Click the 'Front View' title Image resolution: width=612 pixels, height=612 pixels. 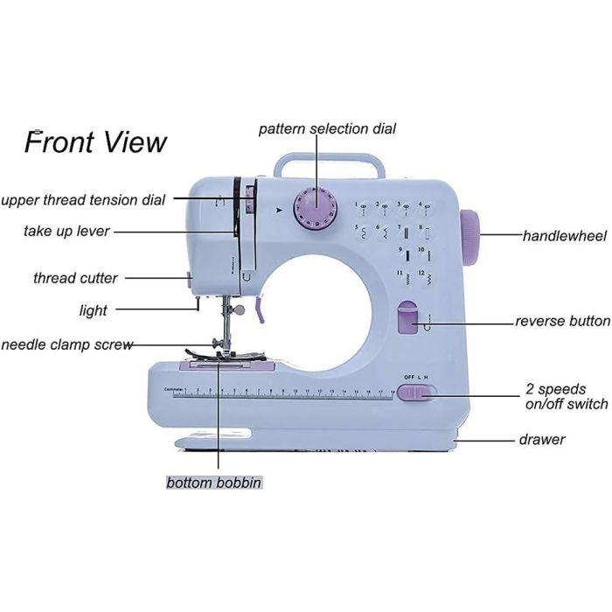point(95,141)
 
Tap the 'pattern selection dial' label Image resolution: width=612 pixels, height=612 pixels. point(327,129)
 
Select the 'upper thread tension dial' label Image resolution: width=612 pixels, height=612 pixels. point(83,199)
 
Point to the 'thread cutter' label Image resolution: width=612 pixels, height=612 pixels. point(75,278)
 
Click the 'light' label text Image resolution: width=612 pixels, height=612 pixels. point(93,309)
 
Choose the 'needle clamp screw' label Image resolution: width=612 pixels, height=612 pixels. point(67,344)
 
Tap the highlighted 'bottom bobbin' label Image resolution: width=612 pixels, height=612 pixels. point(214,482)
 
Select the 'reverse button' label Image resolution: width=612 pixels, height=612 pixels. point(562,321)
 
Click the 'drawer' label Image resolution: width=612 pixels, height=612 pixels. point(542,439)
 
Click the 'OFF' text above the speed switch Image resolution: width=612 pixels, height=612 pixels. point(408,377)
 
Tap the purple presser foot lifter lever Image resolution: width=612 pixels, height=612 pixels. point(259,309)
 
